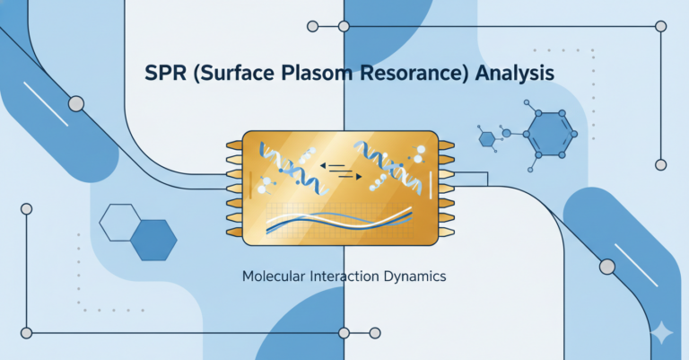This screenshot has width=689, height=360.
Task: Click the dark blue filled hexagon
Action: [x=153, y=238]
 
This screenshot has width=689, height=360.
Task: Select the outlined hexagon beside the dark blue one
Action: [x=118, y=222]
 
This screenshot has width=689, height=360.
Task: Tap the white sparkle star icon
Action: [x=663, y=333]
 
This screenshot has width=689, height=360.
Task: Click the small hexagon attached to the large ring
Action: [x=488, y=138]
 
